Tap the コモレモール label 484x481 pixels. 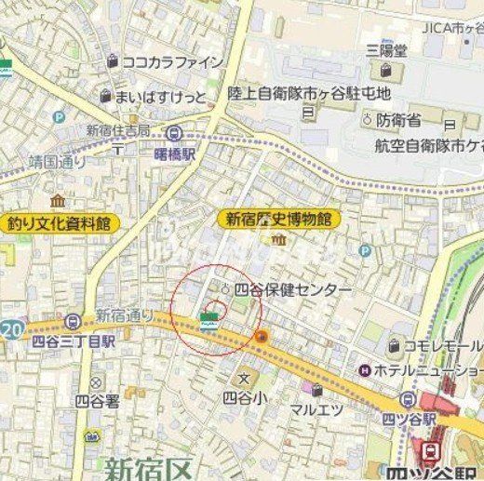point(441,346)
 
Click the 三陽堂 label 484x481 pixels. point(386,50)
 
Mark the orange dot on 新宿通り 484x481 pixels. point(263,337)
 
